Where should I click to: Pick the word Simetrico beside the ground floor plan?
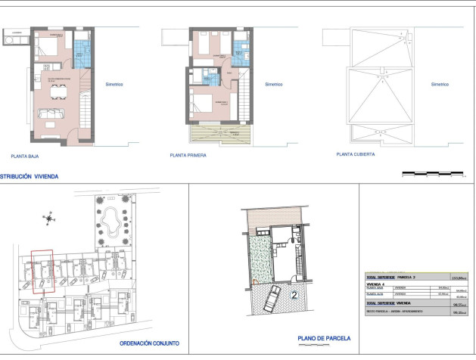pyautogui.click(x=115, y=85)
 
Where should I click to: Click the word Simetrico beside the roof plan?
pyautogui.click(x=440, y=85)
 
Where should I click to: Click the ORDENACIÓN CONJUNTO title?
pyautogui.click(x=149, y=343)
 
